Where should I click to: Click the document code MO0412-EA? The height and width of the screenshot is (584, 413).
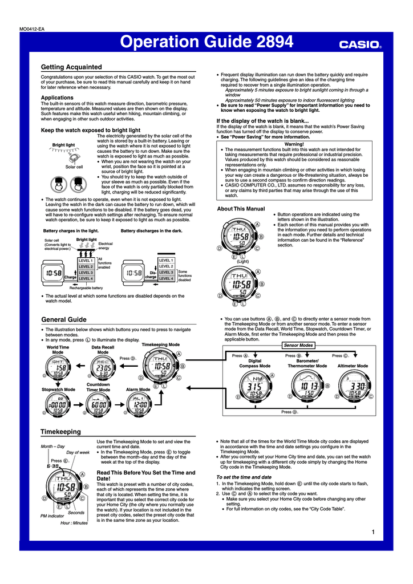click(x=32, y=29)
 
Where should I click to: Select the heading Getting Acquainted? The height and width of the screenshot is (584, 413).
click(x=71, y=67)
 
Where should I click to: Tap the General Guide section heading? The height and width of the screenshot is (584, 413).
click(x=64, y=319)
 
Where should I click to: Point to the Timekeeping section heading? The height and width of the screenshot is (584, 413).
click(x=60, y=432)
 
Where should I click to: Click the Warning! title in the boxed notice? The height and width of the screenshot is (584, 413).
click(x=294, y=144)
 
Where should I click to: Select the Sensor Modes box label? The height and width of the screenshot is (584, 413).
click(x=298, y=346)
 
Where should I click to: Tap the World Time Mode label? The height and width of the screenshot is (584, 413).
click(x=58, y=350)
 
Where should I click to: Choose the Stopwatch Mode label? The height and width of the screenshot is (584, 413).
click(x=58, y=390)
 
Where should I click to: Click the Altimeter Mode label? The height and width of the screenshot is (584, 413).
click(x=353, y=366)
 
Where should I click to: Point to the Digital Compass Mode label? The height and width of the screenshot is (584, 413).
click(x=255, y=363)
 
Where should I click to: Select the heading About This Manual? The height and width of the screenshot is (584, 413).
click(x=241, y=209)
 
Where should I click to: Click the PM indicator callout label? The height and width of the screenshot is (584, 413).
click(x=52, y=516)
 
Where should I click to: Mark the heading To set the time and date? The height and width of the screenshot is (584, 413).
click(x=244, y=477)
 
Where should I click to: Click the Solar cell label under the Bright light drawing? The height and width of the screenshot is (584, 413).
click(x=74, y=167)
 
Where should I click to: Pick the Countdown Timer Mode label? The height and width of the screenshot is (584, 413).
click(x=98, y=387)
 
